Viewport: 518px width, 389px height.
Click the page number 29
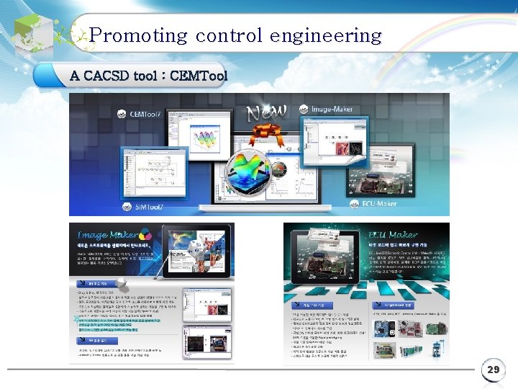pyautogui.click(x=493, y=370)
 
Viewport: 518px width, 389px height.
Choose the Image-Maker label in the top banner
pyautogui.click(x=331, y=109)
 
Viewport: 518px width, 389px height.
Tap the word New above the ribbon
pyautogui.click(x=267, y=112)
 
